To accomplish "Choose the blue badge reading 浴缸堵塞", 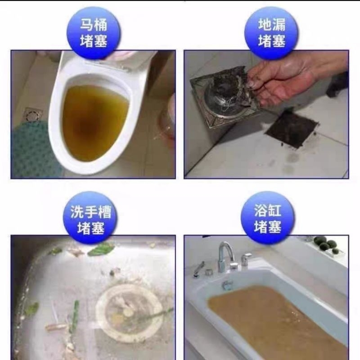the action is point(268,219).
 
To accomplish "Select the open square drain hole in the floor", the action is point(292,129).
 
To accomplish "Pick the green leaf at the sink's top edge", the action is point(101,249).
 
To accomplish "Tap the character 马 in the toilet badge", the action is point(86,25).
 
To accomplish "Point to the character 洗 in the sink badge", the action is point(77,211).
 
